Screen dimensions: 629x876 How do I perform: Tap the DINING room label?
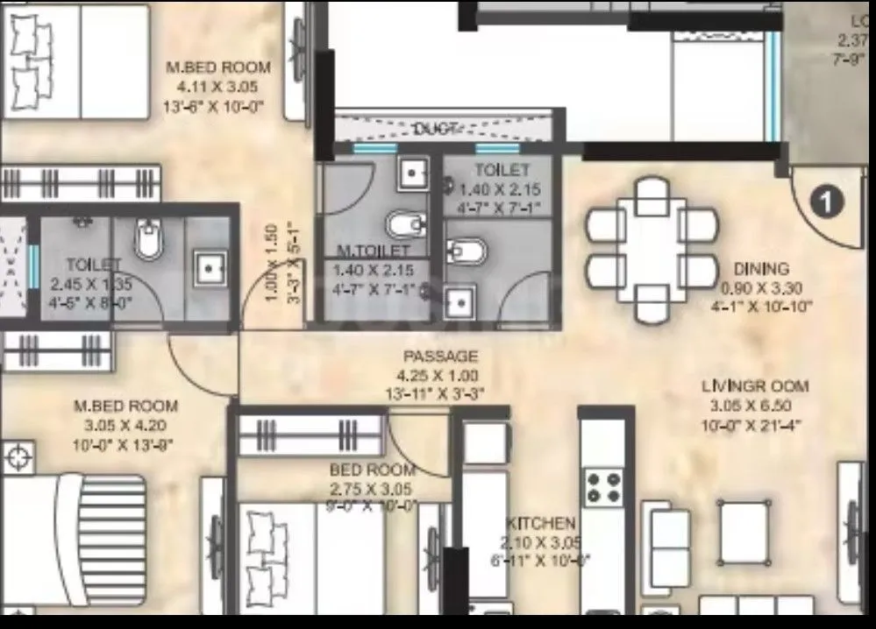761,270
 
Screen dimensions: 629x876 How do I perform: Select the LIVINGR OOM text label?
755,386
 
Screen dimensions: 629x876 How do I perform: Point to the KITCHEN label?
540,524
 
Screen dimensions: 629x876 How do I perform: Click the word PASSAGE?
440,357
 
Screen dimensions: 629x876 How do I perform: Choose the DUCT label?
436,130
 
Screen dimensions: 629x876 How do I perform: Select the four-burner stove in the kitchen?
603,488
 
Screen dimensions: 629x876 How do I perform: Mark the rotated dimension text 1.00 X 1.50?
272,264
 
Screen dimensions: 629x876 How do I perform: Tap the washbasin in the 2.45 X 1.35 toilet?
209,268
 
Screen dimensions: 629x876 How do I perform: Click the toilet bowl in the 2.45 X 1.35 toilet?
149,239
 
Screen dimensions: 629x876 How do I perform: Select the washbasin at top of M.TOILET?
411,173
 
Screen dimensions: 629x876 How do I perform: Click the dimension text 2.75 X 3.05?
373,489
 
